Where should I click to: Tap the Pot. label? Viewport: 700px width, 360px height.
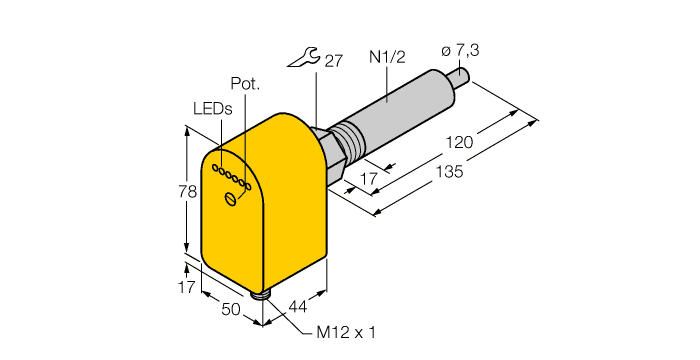pyautogui.click(x=245, y=84)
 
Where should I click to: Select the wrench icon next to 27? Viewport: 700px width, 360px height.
pyautogui.click(x=302, y=62)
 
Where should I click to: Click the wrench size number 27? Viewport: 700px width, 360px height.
pyautogui.click(x=334, y=62)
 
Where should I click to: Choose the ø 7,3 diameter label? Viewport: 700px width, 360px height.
pyautogui.click(x=462, y=50)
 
